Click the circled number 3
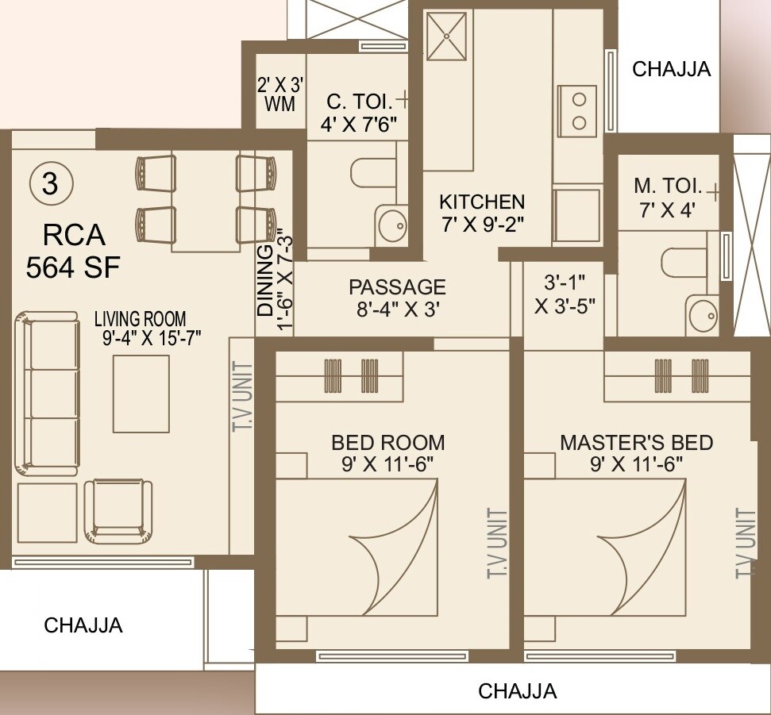click(x=49, y=184)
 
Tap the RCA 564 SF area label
click(x=72, y=251)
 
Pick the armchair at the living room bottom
click(x=118, y=509)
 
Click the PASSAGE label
click(x=397, y=286)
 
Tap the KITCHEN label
click(x=482, y=202)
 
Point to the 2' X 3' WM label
click(x=276, y=93)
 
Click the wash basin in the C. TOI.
click(x=390, y=225)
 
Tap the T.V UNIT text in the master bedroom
click(x=744, y=544)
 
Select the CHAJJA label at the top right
click(x=671, y=69)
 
